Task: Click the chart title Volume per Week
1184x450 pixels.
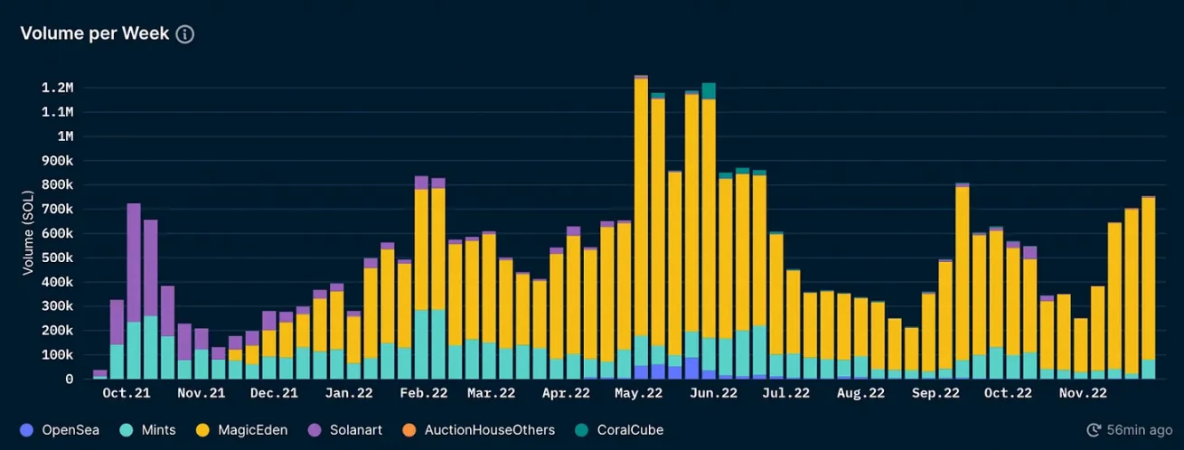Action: [95, 33]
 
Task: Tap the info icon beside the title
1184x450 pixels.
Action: [185, 34]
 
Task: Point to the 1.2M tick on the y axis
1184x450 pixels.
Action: [58, 88]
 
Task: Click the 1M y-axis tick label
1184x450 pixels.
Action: [65, 136]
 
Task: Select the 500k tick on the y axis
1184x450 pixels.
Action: [58, 258]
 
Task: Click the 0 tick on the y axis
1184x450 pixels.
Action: [70, 380]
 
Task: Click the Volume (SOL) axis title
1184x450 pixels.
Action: [27, 233]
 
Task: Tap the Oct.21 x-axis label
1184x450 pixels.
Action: [127, 393]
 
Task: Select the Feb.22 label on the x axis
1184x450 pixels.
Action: [423, 393]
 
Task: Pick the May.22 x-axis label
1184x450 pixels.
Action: [638, 393]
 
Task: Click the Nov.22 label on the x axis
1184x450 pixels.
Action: [1083, 393]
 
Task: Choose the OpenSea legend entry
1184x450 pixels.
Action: [60, 430]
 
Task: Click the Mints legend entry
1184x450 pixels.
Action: [148, 430]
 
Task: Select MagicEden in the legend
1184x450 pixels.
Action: [242, 430]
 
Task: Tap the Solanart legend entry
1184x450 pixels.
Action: [345, 430]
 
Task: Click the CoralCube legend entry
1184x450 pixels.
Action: [619, 430]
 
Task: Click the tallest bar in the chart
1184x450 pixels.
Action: [641, 227]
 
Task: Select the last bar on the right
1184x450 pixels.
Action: [1148, 288]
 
